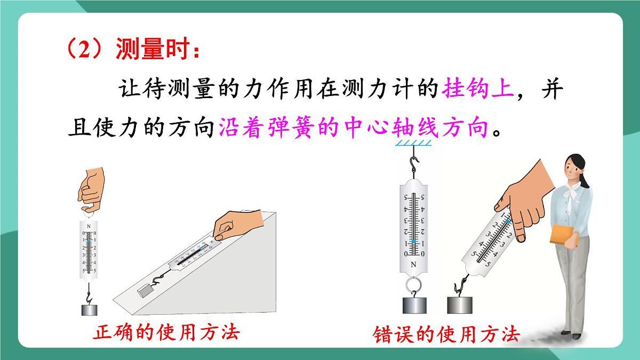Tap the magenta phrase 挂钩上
[478, 89]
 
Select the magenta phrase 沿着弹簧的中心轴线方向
[353, 127]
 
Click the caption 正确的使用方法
[166, 332]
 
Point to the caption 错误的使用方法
[446, 334]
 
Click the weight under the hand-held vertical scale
[90, 310]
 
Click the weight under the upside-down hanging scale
[414, 306]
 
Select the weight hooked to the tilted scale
[459, 305]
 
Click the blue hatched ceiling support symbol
[413, 142]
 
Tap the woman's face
[571, 170]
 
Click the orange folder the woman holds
[562, 235]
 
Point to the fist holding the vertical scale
[91, 189]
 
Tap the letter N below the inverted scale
[413, 265]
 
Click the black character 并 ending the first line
[553, 89]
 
